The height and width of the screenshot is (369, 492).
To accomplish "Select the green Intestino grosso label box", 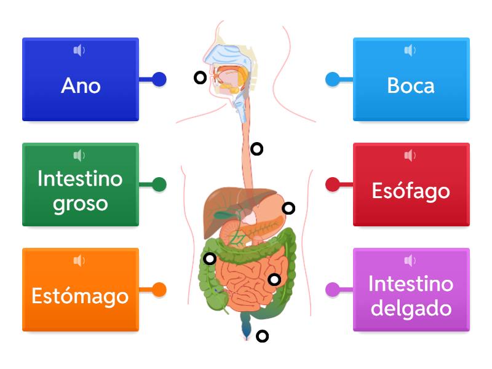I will coord(81,184).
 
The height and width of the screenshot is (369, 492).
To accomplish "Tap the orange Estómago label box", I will coord(81,290).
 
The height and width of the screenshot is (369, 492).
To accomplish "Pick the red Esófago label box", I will coord(411,184).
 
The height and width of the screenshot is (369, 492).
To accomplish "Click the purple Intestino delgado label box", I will coord(411,290).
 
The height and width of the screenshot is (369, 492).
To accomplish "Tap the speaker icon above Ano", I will coord(79,50).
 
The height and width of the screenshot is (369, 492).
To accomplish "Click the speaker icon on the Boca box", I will coord(410,50).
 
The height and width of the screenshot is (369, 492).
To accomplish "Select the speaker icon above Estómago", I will coord(79,261).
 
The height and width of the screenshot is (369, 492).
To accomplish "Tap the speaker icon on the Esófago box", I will coord(410,156).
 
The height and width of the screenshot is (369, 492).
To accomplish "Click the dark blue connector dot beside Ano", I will coord(159,79).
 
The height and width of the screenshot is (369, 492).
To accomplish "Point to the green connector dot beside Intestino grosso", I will coord(159,184).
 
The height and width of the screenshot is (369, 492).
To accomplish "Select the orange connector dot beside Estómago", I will coord(159,289).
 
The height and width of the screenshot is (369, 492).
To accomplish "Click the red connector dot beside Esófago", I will coord(332,184).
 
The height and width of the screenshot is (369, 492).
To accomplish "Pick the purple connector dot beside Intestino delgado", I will coord(332,289).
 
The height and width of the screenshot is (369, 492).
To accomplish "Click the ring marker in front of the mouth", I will coord(200,77).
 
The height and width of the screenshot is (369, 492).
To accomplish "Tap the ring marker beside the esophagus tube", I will coord(257,148).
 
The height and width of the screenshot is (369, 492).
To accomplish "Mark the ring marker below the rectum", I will coord(263,336).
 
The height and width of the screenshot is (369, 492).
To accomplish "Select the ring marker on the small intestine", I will coord(274,280).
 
